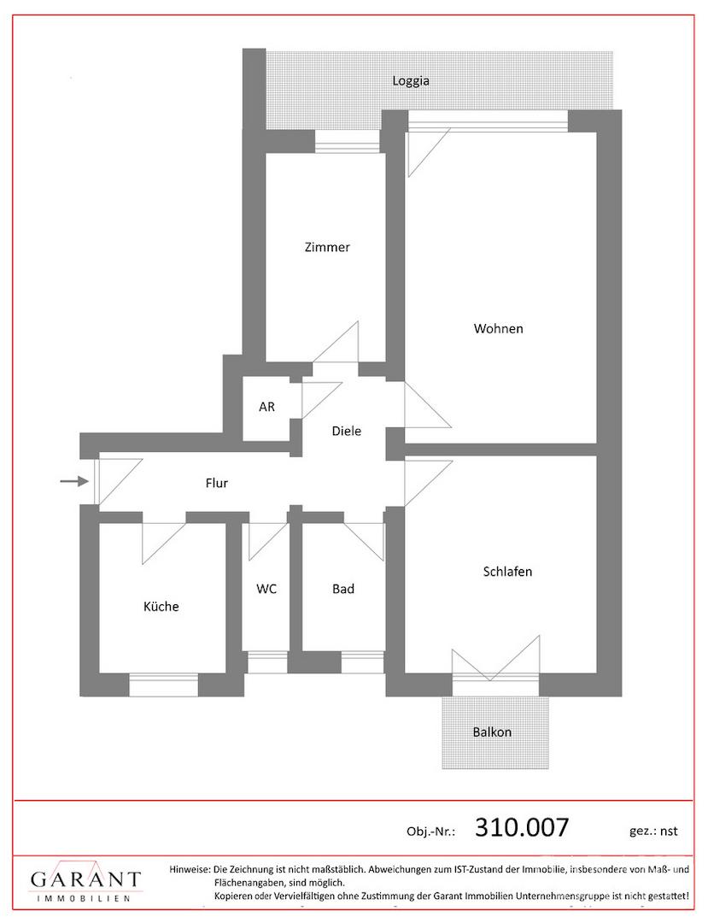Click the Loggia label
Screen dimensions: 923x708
[x=411, y=82]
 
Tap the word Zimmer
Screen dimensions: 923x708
[x=327, y=248]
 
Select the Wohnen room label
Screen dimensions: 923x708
[x=499, y=328]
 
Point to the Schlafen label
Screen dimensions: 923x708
[x=507, y=571]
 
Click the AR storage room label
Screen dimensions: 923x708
[x=267, y=407]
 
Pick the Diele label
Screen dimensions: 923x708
[x=346, y=431]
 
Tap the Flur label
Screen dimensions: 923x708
[x=217, y=483]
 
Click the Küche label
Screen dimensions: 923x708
[x=161, y=607]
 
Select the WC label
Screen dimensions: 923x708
[x=266, y=589]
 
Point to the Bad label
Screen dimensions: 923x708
[x=343, y=589]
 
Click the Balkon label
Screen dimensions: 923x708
[x=492, y=732]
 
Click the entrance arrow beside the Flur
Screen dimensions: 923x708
[x=74, y=482]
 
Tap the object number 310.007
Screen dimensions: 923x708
[x=521, y=827]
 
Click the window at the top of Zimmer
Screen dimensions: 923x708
[x=348, y=143]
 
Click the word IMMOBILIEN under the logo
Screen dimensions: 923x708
[x=85, y=899]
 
